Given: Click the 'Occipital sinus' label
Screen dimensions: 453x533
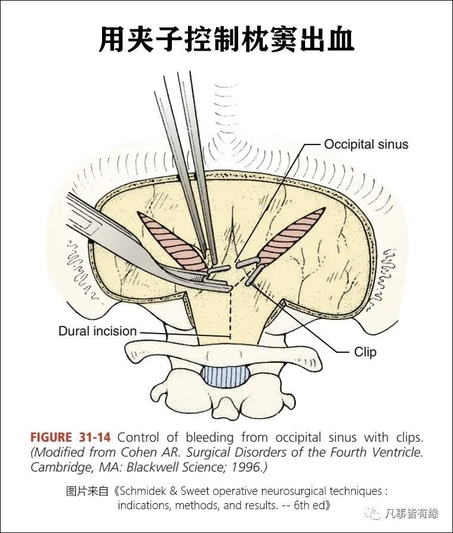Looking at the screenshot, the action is (x=366, y=144).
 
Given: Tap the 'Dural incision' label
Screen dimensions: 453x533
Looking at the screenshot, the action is (x=97, y=331).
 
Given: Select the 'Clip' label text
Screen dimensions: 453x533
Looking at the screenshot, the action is (x=365, y=352).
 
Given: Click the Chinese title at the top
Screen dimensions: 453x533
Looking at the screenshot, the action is (x=227, y=39).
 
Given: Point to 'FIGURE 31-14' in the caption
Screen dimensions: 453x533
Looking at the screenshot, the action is (x=70, y=437).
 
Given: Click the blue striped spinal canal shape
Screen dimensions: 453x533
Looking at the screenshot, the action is (x=226, y=376).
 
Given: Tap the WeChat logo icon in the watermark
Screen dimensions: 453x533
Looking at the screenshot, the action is (x=373, y=513).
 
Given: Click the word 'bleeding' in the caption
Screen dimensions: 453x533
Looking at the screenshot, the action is (x=209, y=438).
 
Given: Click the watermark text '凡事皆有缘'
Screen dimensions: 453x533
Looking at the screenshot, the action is (x=412, y=513).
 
